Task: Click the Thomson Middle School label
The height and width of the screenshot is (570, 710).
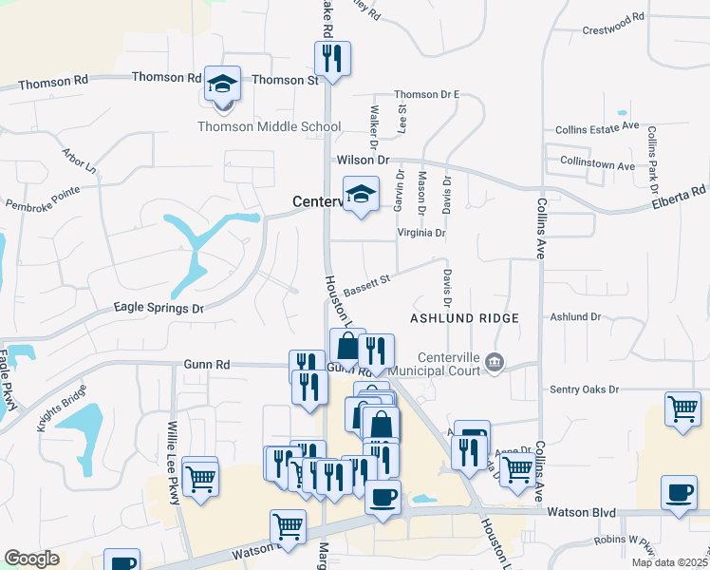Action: tap(269, 126)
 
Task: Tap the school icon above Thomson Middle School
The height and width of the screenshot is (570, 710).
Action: tap(223, 84)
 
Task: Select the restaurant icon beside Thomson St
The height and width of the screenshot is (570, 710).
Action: tap(332, 59)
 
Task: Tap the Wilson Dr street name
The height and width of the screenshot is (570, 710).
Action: tap(362, 161)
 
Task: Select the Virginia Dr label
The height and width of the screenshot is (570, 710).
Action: tap(420, 232)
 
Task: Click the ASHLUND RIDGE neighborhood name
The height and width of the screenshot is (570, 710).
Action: tap(464, 318)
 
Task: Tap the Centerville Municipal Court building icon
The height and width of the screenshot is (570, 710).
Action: tap(494, 362)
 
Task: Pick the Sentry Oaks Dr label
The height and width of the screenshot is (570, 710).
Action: tap(584, 389)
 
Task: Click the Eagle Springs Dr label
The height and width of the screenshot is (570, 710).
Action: tap(159, 308)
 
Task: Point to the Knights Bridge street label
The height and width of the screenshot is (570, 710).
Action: tap(62, 408)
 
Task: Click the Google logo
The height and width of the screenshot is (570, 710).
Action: tap(31, 559)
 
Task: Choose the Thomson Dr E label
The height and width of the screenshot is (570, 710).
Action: tap(426, 94)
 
